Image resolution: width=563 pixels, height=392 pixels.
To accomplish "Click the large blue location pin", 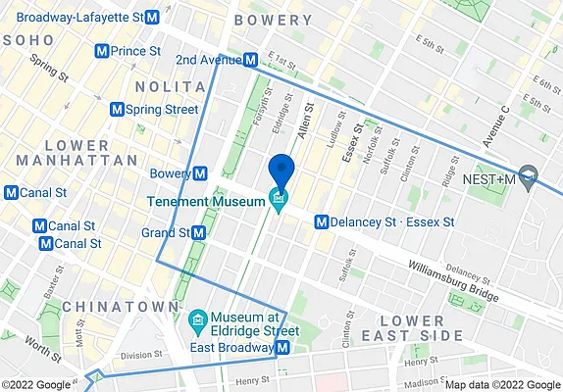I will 281,171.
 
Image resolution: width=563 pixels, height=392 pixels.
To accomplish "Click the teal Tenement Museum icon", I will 279,201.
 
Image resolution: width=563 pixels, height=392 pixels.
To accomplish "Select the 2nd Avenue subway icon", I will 251,60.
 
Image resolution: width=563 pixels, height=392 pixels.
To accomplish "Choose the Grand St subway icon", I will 199,233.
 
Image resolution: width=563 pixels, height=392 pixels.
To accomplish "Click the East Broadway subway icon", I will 281,348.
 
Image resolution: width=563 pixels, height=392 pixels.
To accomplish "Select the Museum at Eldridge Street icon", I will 194,320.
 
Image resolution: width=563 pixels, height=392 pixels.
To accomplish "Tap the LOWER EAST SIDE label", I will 422,328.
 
